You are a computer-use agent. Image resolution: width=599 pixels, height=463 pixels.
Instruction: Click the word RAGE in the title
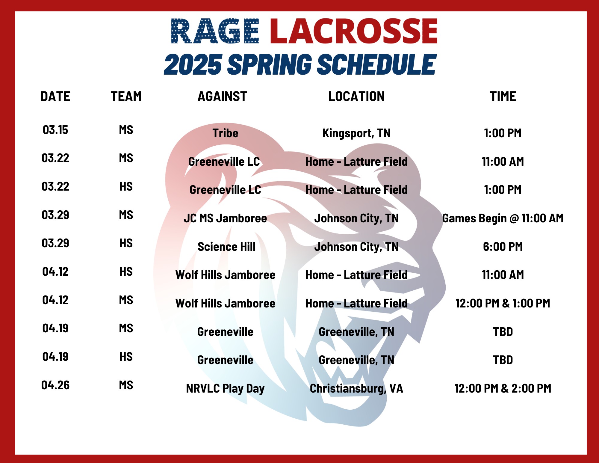[215, 31]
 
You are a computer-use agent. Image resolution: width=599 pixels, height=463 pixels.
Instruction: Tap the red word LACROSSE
[354, 31]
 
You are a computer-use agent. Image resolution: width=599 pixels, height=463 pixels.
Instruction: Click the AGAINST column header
[222, 96]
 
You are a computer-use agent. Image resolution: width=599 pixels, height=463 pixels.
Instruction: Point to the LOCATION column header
[356, 96]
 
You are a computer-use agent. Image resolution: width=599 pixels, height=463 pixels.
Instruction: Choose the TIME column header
[503, 96]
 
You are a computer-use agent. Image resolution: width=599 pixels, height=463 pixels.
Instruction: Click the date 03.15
[55, 130]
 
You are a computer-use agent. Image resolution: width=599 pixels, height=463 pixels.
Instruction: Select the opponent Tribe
[225, 133]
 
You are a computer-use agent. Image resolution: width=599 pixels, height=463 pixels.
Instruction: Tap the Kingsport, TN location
[356, 133]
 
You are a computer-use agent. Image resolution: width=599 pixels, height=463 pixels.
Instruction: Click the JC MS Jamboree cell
[225, 218]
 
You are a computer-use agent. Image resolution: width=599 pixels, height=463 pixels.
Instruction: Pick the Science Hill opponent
[226, 247]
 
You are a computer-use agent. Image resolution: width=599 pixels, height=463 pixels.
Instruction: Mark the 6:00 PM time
[503, 247]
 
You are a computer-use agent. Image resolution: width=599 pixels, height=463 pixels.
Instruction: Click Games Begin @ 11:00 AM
[503, 218]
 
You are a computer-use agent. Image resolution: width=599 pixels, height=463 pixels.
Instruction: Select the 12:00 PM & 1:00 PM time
[503, 303]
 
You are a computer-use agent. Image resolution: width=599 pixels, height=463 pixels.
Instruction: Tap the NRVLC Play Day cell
[225, 389]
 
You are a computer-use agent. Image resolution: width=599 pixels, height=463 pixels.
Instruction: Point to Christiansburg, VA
[356, 389]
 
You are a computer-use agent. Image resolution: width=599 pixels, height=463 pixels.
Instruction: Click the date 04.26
[55, 385]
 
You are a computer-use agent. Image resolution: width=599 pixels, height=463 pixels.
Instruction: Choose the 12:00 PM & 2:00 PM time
[503, 388]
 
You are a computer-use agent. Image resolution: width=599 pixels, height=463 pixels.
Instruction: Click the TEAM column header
[126, 96]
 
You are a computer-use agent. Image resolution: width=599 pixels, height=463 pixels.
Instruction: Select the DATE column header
[55, 96]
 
